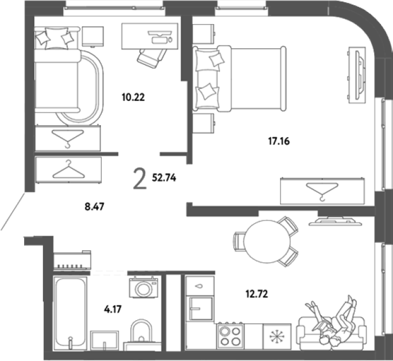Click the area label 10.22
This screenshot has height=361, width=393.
point(133,97)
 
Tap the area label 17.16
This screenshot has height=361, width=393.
point(279,141)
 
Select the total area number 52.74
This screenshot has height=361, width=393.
point(164,178)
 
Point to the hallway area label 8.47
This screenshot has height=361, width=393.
point(94,207)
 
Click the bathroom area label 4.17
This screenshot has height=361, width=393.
point(112,309)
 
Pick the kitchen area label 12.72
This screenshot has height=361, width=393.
point(256,294)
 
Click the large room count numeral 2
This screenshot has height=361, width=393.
point(139,178)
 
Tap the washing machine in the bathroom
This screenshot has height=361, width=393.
point(143,287)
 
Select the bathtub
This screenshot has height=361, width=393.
point(71,313)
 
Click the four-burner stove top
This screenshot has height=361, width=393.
point(230,336)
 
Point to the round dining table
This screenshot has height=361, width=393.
point(267,241)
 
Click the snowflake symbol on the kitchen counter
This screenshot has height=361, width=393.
point(277,336)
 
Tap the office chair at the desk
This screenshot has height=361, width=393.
point(152,58)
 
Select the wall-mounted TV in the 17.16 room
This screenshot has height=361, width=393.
point(356,75)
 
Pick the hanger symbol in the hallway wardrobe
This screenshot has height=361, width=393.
point(68,170)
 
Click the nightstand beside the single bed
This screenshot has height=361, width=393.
point(93,37)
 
